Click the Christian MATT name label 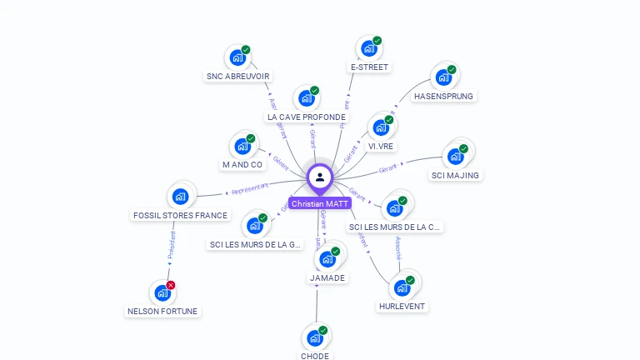[320, 203]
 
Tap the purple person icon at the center [320, 177]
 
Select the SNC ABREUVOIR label [237, 76]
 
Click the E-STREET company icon [368, 48]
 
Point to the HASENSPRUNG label [443, 96]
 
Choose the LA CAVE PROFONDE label [306, 117]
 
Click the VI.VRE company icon [381, 127]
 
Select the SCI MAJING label [455, 175]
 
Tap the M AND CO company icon [242, 147]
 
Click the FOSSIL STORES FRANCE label [180, 215]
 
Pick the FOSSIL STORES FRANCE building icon [180, 197]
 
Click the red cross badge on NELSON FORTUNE [171, 285]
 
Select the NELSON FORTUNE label [163, 311]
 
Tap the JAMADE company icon [327, 259]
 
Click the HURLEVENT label [402, 306]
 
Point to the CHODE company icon [314, 337]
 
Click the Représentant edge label [251, 189]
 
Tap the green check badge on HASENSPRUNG [452, 70]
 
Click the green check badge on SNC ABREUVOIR [246, 50]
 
